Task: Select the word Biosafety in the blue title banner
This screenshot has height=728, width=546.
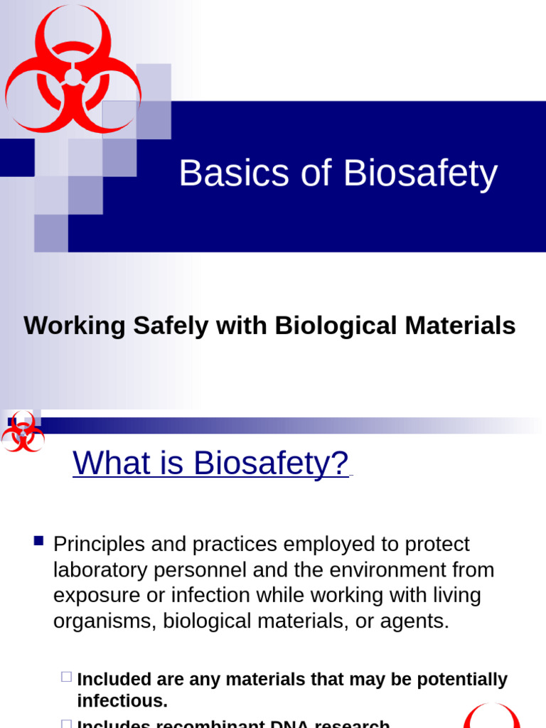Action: [420, 173]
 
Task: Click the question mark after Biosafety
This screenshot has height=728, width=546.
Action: [340, 463]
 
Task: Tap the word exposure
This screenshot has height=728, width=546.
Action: [96, 596]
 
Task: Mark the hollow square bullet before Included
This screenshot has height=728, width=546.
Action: [66, 677]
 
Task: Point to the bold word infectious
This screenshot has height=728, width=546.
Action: [122, 701]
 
